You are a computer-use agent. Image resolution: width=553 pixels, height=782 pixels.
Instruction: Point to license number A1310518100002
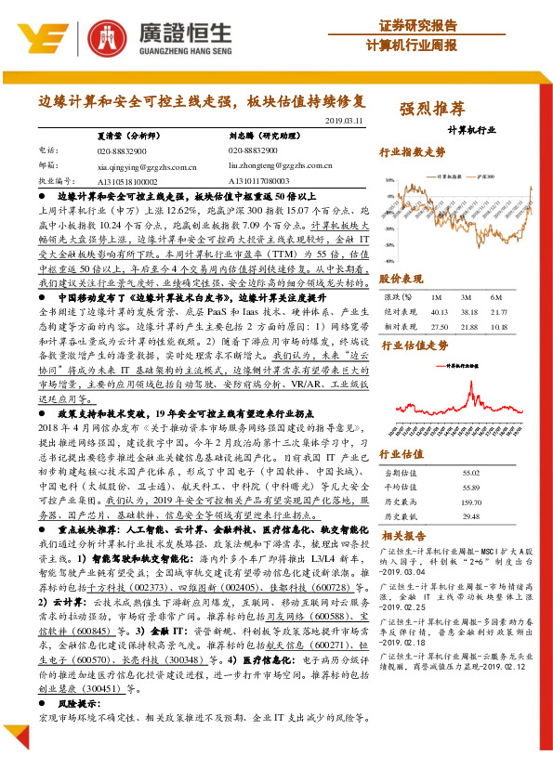click(x=127, y=181)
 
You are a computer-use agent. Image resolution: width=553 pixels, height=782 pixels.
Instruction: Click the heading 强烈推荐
click(x=432, y=108)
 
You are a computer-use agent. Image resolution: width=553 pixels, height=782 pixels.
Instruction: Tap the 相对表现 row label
click(x=401, y=327)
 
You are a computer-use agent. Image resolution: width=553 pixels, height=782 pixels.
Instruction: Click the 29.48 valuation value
click(x=473, y=516)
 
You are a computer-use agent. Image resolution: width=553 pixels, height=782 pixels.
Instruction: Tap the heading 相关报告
click(x=405, y=536)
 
